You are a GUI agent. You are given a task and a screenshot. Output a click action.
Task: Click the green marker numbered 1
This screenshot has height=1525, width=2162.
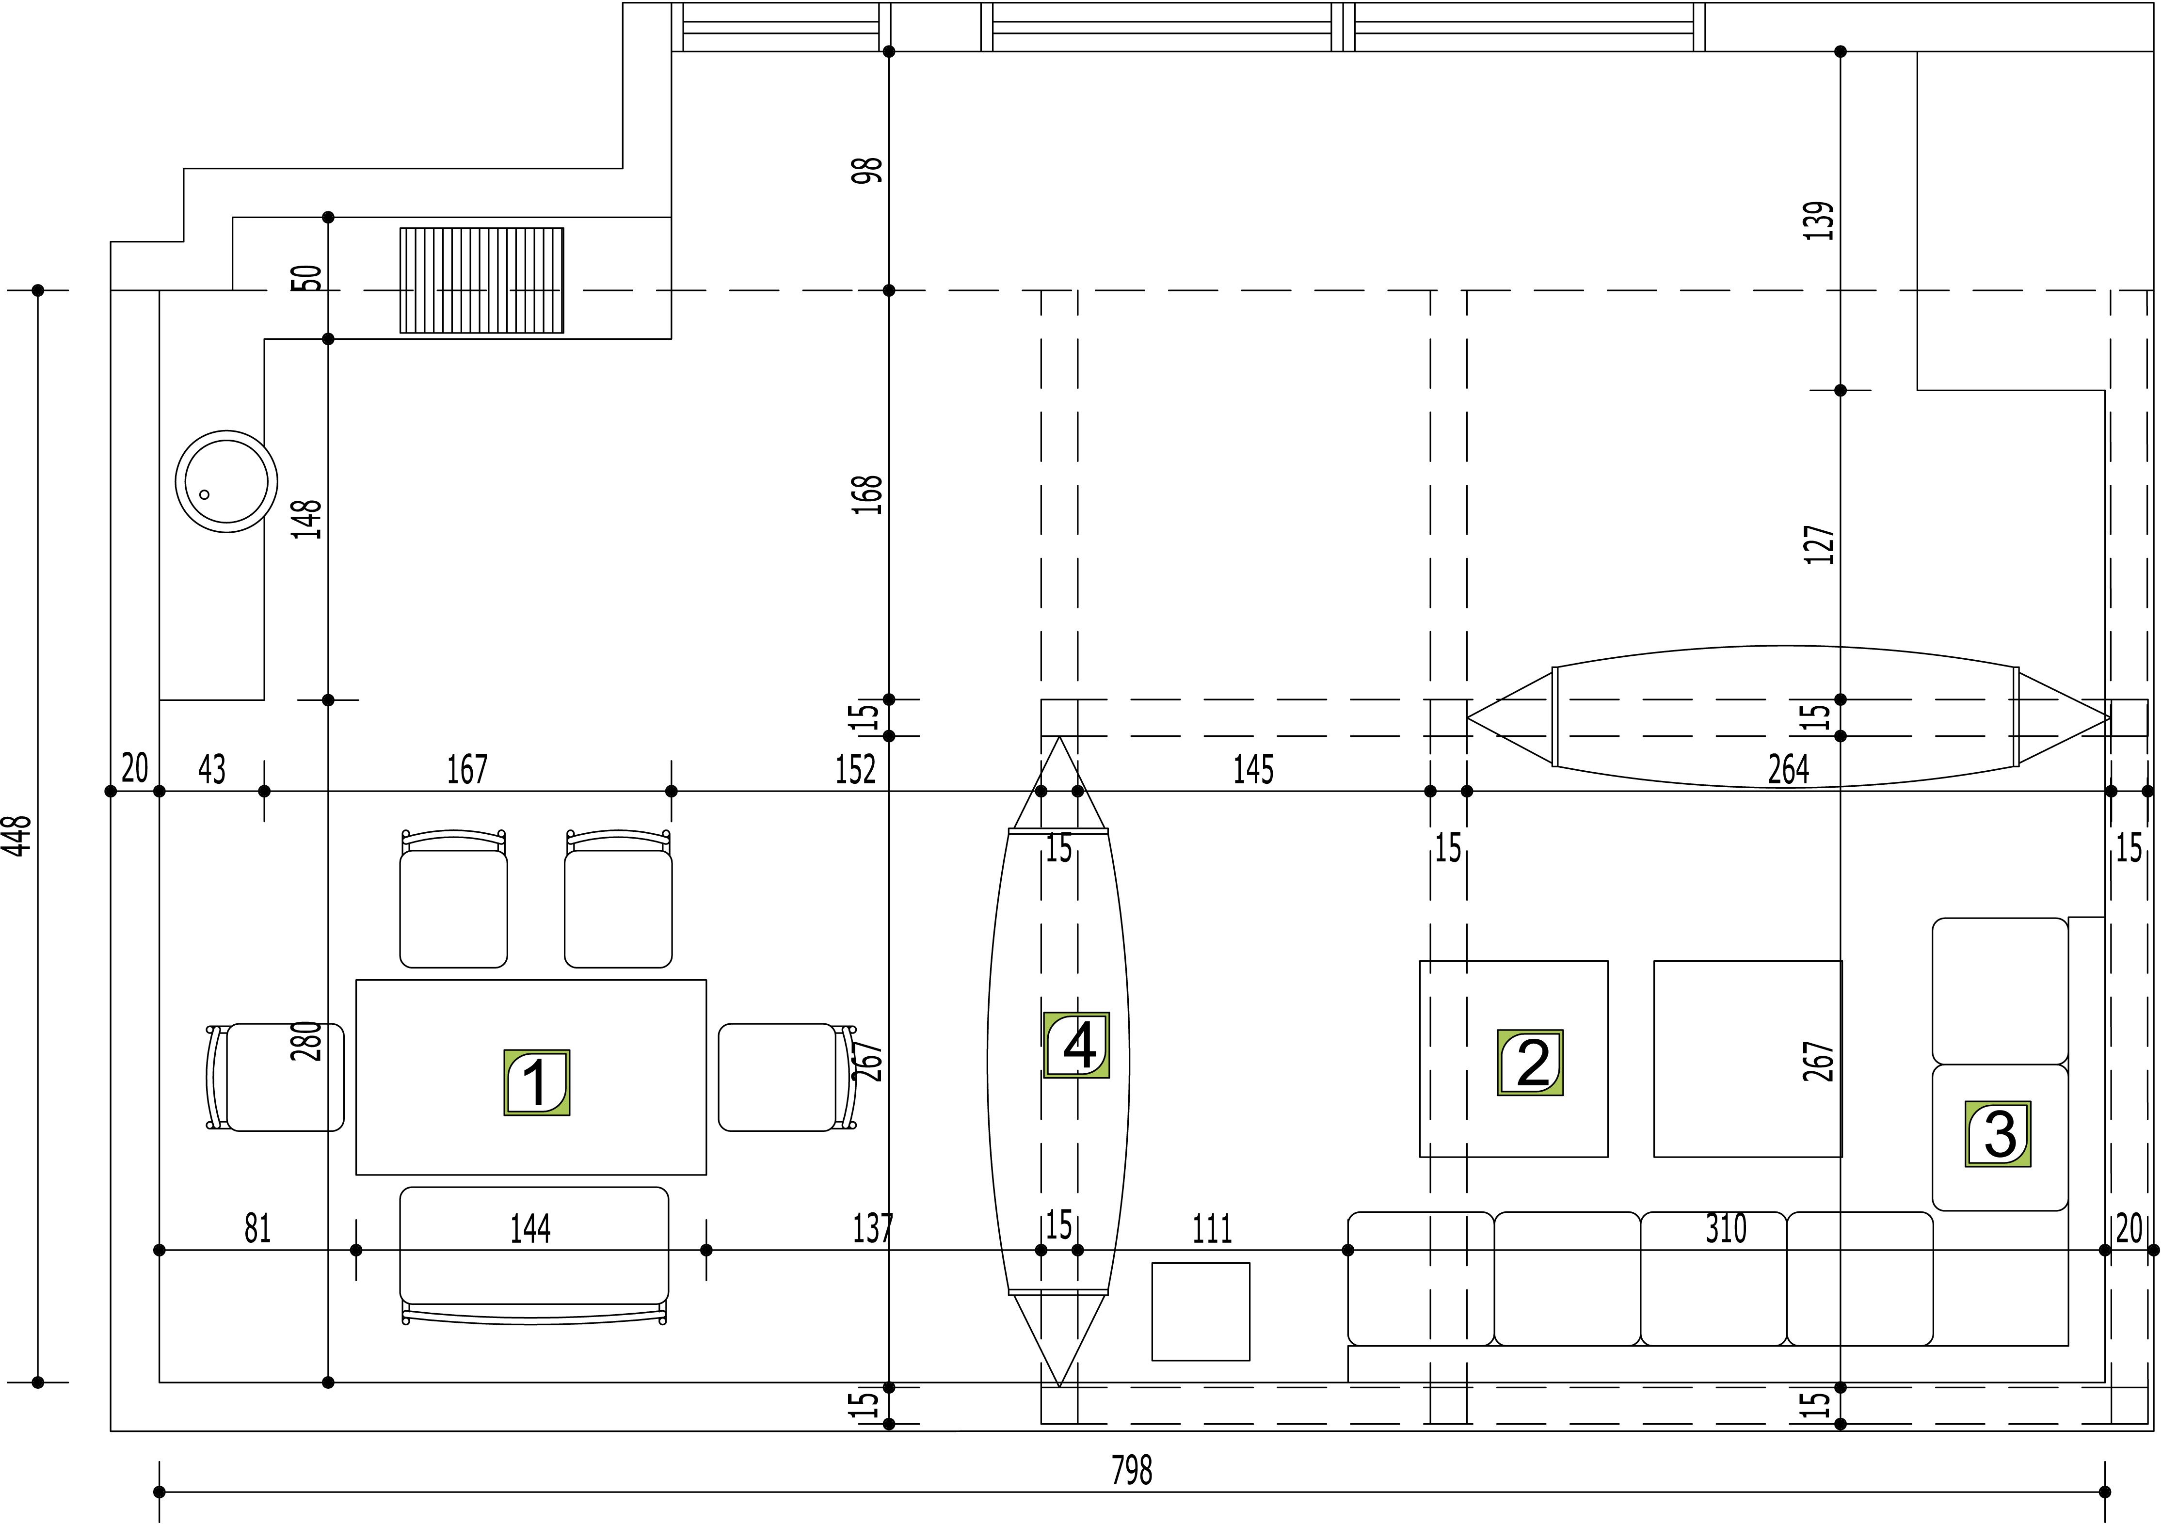click(x=537, y=1082)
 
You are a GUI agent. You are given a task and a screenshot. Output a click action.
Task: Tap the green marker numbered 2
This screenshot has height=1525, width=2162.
click(x=1530, y=1063)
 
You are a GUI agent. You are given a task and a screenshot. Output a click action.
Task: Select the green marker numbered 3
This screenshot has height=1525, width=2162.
click(x=1997, y=1134)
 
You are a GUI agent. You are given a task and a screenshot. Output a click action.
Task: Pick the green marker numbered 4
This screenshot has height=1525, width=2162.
click(x=1076, y=1045)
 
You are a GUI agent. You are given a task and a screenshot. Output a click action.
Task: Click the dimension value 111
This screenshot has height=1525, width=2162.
click(x=1212, y=1228)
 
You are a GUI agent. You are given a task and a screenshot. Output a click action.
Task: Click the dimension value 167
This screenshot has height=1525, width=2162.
click(x=467, y=770)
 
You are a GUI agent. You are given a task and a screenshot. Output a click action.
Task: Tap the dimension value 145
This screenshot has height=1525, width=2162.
click(x=1253, y=770)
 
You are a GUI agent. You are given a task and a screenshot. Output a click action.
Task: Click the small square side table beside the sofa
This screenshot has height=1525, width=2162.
click(x=1201, y=1311)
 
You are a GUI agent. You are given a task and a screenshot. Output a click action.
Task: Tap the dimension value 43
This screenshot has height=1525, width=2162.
click(x=212, y=770)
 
